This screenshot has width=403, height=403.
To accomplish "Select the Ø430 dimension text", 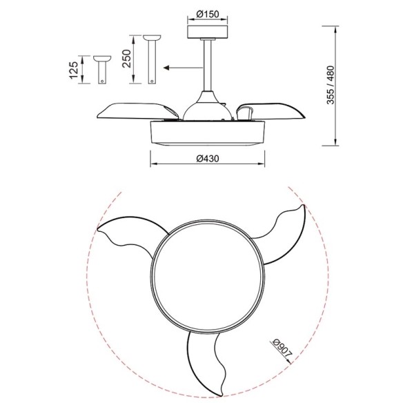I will tap(207, 158).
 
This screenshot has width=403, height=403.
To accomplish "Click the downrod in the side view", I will tap(206, 66).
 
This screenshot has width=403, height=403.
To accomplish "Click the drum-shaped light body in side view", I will tap(206, 132).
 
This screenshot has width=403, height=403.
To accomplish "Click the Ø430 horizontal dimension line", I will tap(207, 164).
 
